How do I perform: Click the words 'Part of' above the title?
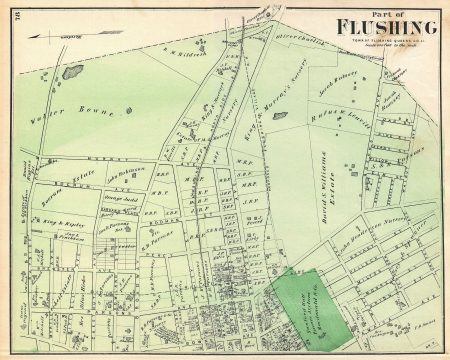pyautogui.click(x=382, y=11)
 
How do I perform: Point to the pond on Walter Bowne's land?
pyautogui.click(x=72, y=72)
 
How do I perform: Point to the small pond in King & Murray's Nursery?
pyautogui.click(x=280, y=116)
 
